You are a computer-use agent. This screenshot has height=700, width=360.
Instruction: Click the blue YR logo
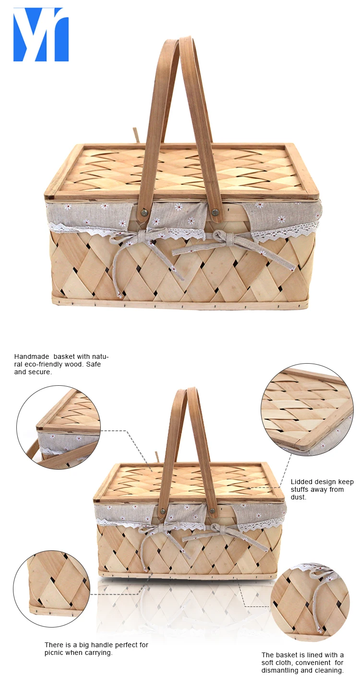[41, 35]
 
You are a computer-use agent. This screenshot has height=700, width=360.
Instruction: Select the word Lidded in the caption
[302, 482]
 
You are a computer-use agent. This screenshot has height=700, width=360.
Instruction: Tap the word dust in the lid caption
[298, 497]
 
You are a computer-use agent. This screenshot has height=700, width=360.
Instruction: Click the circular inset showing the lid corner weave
[307, 408]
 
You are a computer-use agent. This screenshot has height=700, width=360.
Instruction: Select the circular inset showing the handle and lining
[59, 427]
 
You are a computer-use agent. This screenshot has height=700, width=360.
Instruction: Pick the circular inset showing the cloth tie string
[310, 602]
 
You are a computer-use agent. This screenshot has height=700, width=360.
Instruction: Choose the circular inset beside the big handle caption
[52, 589]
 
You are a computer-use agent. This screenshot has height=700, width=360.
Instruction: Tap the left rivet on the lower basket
[162, 512]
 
